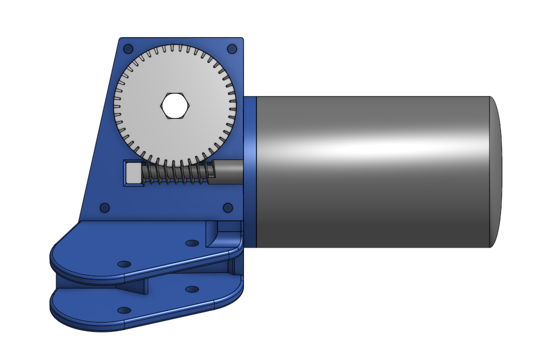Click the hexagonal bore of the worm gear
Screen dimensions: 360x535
pos(175,105)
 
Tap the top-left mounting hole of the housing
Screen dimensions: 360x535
pos(128,49)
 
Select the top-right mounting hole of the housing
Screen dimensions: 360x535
pos(232,49)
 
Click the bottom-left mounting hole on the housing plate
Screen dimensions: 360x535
pos(105,208)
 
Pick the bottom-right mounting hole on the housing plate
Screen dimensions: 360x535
pos(228,208)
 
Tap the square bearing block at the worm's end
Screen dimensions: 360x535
pos(133,174)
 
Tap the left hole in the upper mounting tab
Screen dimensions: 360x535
pos(124,264)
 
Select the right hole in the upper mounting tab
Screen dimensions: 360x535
pos(191,243)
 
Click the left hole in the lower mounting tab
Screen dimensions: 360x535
pos(124,310)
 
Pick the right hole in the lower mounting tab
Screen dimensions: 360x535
pos(191,290)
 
